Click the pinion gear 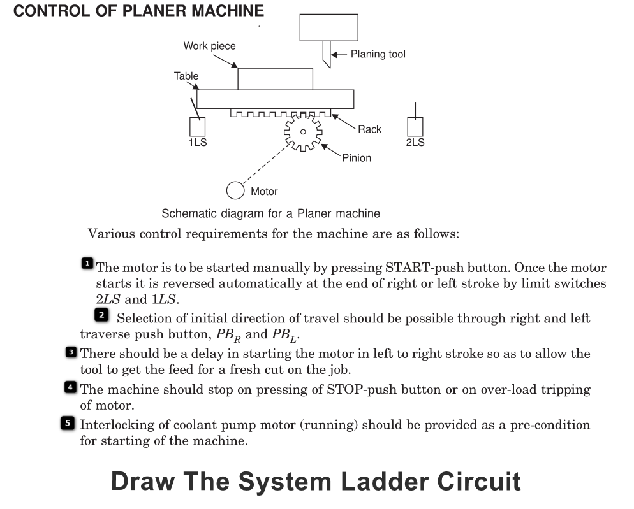[x=303, y=132]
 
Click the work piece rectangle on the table [x=275, y=79]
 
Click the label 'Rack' [x=369, y=129]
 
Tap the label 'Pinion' [x=357, y=158]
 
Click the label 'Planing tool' [x=378, y=54]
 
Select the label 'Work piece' [x=209, y=46]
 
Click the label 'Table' [x=186, y=76]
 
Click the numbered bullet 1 [x=87, y=262]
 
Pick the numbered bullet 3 [x=72, y=351]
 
